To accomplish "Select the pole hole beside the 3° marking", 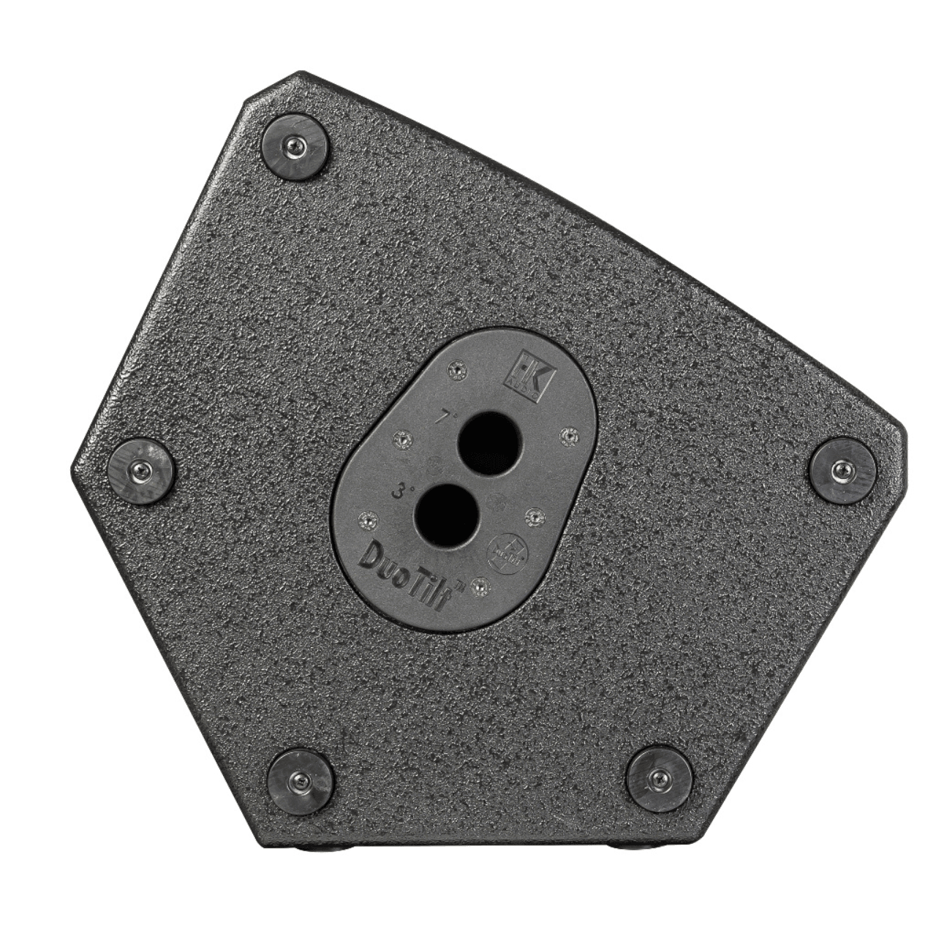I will [445, 516].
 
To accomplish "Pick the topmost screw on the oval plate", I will [458, 371].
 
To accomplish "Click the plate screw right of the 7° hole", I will [568, 437].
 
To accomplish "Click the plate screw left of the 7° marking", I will [401, 439].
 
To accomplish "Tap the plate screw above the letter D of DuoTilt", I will [366, 520].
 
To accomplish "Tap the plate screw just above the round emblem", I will [533, 517].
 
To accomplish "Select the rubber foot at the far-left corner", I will [140, 470].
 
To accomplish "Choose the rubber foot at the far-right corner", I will [844, 470].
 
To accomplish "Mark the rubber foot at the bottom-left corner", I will [301, 781].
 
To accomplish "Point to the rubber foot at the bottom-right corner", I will [659, 778].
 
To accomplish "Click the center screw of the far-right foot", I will [844, 470].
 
